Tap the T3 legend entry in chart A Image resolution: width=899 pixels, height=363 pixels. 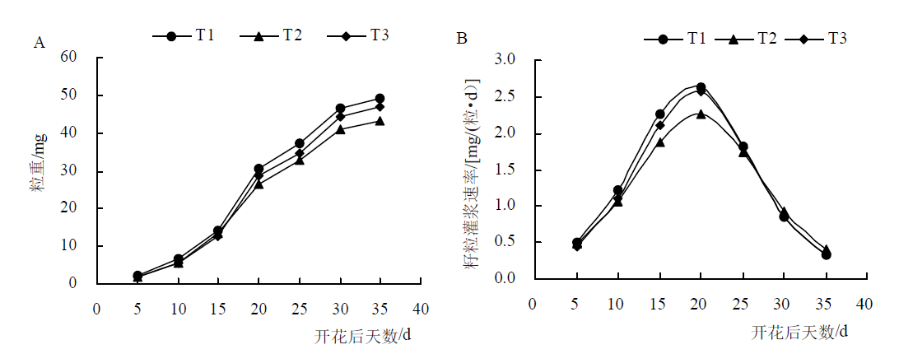(x=358, y=35)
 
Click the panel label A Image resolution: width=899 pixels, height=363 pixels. (x=40, y=42)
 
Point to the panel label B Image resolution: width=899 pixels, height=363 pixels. (x=462, y=39)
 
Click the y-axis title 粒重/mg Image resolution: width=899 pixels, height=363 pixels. (x=40, y=161)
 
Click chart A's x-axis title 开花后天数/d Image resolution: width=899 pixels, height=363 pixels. (x=363, y=336)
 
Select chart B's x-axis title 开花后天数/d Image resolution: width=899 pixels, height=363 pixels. (x=800, y=332)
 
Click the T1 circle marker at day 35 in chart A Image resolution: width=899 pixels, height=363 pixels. (x=380, y=99)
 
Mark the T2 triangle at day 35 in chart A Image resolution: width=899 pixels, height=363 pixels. (x=380, y=121)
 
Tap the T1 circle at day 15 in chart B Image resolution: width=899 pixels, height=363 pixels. (x=660, y=114)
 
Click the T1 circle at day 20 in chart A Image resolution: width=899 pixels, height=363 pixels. (x=259, y=169)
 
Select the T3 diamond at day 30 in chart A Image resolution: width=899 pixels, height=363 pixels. (x=340, y=117)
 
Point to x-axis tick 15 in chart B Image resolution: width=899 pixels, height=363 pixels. (x=659, y=304)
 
